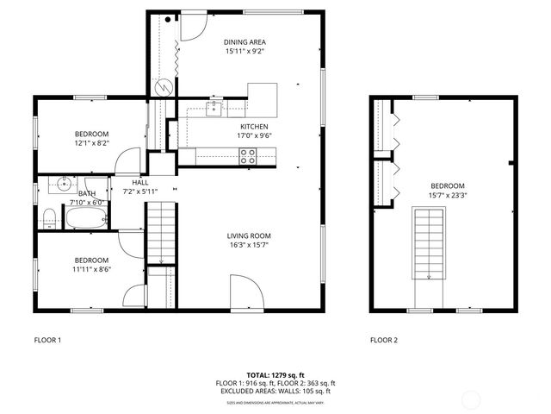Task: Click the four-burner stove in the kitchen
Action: pyautogui.click(x=248, y=156)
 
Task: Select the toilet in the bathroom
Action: pyautogui.click(x=51, y=216)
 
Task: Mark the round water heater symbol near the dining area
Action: pyautogui.click(x=162, y=86)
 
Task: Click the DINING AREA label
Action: pyautogui.click(x=245, y=41)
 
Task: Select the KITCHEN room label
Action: pyautogui.click(x=254, y=126)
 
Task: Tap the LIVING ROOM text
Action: pyautogui.click(x=249, y=235)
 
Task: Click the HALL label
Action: pyautogui.click(x=140, y=182)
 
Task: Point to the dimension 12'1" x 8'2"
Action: pyautogui.click(x=90, y=143)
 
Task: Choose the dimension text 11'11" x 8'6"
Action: pyautogui.click(x=90, y=269)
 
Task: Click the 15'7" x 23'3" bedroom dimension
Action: pyautogui.click(x=447, y=195)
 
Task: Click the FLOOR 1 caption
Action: pyautogui.click(x=47, y=340)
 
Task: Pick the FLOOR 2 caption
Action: pyautogui.click(x=384, y=340)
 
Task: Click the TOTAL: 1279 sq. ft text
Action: pyautogui.click(x=275, y=375)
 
